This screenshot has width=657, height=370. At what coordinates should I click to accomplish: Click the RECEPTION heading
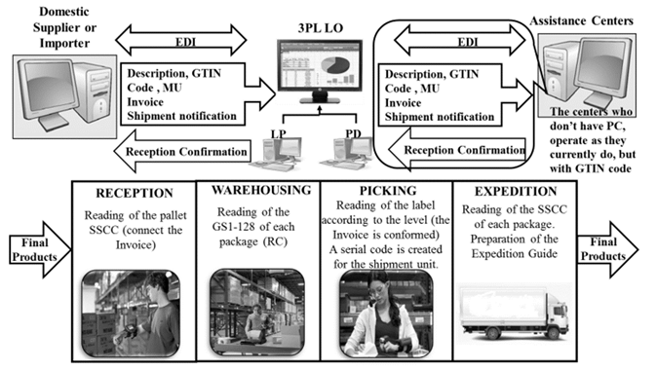click(x=135, y=193)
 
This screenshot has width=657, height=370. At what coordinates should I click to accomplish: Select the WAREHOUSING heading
click(x=261, y=190)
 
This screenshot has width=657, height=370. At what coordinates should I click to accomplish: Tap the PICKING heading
click(x=388, y=191)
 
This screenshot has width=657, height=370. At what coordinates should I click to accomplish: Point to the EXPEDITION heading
click(x=516, y=191)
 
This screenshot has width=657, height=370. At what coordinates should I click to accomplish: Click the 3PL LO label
click(x=321, y=28)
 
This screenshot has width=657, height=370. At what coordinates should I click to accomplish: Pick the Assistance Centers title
click(x=582, y=20)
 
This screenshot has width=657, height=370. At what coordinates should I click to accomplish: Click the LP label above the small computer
click(x=279, y=134)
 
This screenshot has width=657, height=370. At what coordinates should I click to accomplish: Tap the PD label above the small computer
click(x=353, y=134)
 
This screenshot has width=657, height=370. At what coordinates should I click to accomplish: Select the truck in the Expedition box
click(x=514, y=312)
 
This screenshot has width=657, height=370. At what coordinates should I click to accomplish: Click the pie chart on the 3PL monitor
click(x=335, y=65)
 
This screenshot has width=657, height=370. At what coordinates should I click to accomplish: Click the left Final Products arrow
click(x=40, y=249)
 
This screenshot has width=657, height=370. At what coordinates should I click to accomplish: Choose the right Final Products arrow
click(x=607, y=249)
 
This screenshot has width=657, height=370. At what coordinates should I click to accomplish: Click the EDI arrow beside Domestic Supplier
click(x=181, y=41)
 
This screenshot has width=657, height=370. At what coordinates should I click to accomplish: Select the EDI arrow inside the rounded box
click(x=460, y=41)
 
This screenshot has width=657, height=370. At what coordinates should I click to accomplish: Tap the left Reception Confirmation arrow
click(x=182, y=152)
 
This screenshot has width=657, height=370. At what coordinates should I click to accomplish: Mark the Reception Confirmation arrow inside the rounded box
click(x=457, y=150)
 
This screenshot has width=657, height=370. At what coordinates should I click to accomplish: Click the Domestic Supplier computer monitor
click(x=48, y=90)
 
